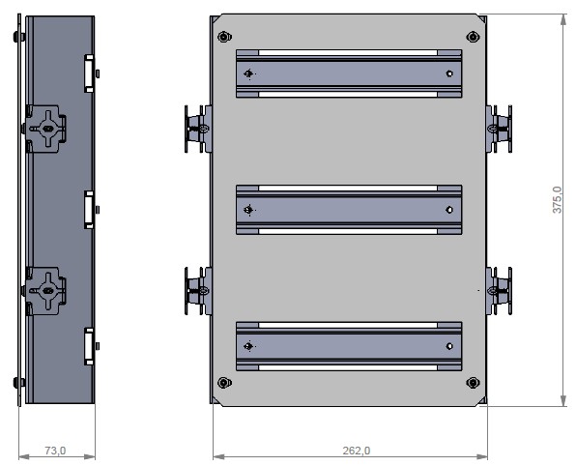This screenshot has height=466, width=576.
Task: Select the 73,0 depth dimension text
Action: pos(56,451)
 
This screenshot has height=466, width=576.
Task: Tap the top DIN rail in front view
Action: pos(349,73)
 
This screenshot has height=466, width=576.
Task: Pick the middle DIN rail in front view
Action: pos(349,209)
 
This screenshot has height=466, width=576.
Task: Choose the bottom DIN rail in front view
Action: pos(349,345)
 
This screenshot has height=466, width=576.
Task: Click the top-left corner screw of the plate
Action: pos(224,37)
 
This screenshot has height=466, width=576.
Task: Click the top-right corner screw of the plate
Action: pos(474,37)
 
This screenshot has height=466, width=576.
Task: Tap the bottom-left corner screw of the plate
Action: pos(224,382)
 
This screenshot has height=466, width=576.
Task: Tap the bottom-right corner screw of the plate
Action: pos(474,382)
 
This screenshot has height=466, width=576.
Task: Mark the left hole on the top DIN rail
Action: pos(249,73)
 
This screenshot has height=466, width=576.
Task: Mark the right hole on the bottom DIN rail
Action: pos(448,345)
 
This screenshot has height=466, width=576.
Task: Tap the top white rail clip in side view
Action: pos(88,73)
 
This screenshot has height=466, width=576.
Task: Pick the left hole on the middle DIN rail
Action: pos(249,209)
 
